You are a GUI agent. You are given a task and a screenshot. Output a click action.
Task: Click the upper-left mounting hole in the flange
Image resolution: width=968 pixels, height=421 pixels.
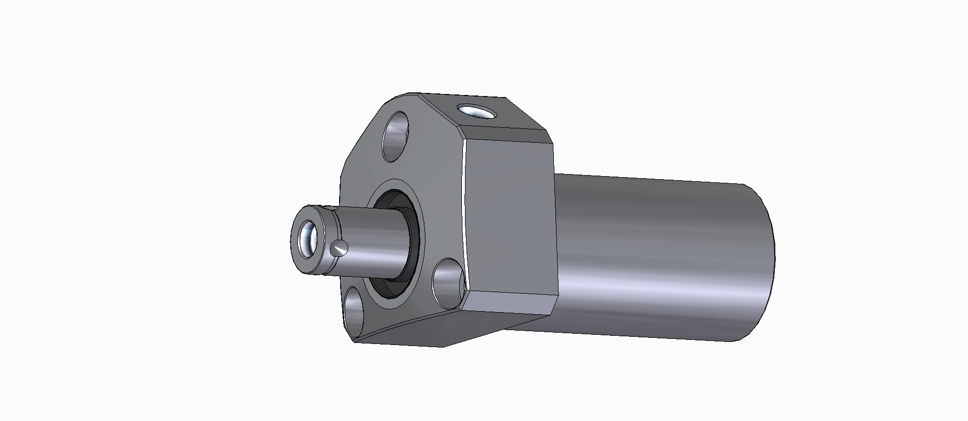pyautogui.click(x=396, y=137)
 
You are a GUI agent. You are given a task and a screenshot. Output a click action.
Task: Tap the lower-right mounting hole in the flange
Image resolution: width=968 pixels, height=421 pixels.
pyautogui.click(x=448, y=282)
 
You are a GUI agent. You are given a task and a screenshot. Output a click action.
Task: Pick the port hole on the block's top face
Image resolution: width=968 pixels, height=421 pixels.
pyautogui.click(x=476, y=111)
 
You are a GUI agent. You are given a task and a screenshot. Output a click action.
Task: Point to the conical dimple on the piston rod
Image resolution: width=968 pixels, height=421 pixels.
pyautogui.click(x=339, y=249)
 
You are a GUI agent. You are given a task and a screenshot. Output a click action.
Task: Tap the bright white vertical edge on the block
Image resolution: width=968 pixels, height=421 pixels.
pyautogui.click(x=463, y=205)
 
